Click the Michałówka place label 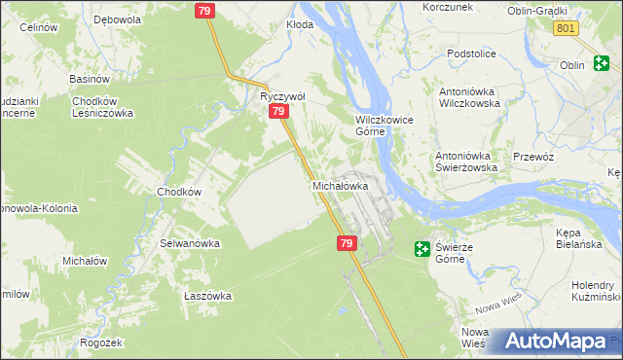(340, 185)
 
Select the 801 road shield (567, 29)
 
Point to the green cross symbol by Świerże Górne (421, 249)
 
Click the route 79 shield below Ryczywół (279, 113)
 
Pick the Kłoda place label (300, 24)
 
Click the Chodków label (179, 192)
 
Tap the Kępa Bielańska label (581, 239)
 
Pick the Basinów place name (88, 79)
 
